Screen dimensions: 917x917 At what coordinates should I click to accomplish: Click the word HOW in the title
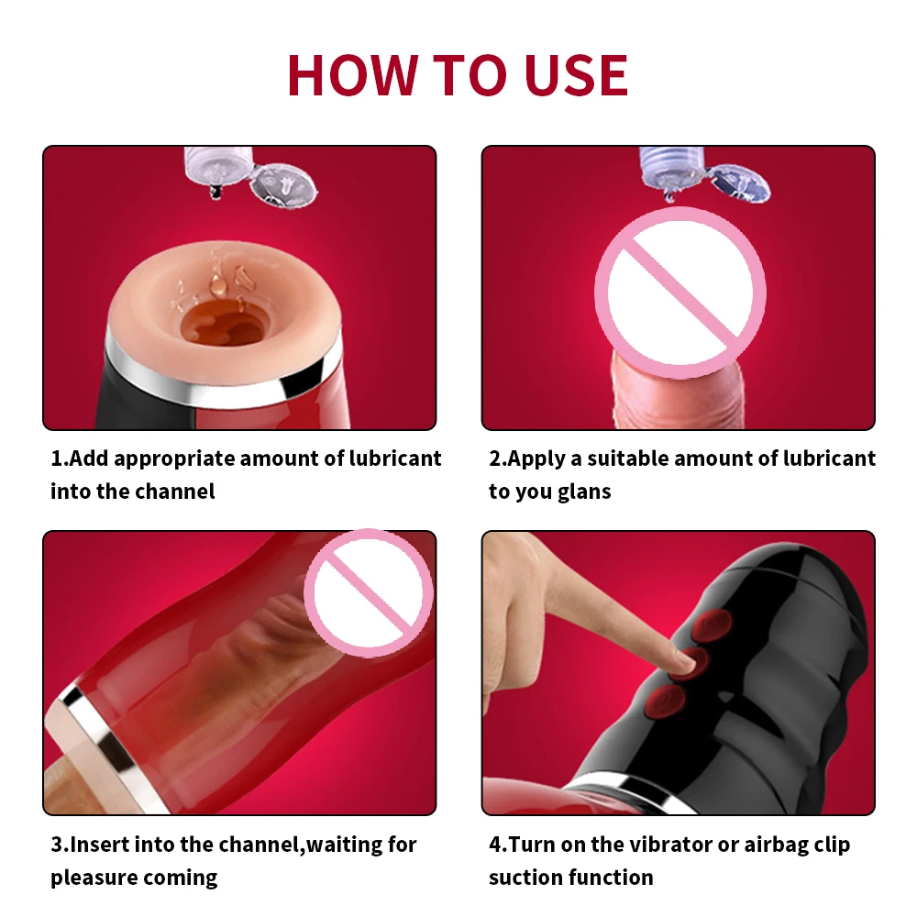tap(352, 75)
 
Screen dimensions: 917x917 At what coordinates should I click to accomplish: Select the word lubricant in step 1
tap(395, 458)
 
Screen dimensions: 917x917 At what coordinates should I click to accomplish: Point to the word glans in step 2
tap(583, 492)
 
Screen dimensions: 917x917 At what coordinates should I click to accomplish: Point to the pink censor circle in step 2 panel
tap(680, 293)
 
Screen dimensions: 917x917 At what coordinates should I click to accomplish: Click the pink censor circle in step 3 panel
tap(369, 593)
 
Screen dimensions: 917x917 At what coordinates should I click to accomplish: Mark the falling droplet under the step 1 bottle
tap(216, 193)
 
